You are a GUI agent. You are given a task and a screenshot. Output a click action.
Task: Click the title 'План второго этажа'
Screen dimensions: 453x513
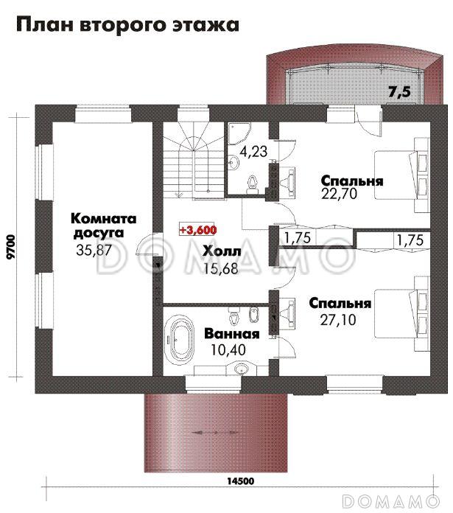click(127, 25)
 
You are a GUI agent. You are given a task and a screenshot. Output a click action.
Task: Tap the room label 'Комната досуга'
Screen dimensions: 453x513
click(104, 226)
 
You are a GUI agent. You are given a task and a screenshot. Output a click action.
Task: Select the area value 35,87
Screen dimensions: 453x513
click(94, 251)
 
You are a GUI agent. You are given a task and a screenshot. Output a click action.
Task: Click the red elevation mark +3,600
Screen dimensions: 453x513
click(198, 230)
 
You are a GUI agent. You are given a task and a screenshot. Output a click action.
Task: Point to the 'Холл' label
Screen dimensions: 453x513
click(222, 251)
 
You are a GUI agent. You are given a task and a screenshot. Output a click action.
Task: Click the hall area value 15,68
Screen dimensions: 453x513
click(221, 268)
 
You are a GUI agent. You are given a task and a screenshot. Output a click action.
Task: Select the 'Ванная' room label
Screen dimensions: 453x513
click(232, 334)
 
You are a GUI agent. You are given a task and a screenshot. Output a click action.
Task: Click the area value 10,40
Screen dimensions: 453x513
click(228, 350)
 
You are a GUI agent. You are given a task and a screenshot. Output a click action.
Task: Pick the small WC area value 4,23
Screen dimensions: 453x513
click(253, 152)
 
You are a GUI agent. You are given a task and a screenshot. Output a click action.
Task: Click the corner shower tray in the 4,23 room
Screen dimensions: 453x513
click(239, 133)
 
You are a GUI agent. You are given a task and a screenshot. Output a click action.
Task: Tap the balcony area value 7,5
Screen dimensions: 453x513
click(399, 92)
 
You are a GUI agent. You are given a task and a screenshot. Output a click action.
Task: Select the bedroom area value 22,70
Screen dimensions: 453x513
click(340, 194)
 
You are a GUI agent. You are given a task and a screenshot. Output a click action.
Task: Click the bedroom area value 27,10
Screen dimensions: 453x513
click(338, 320)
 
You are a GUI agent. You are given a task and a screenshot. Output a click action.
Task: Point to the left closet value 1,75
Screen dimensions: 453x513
click(297, 238)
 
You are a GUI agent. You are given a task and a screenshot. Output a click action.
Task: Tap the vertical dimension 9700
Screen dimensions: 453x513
click(12, 247)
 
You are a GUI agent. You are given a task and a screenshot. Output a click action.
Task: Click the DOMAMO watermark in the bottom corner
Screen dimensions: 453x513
click(391, 501)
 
